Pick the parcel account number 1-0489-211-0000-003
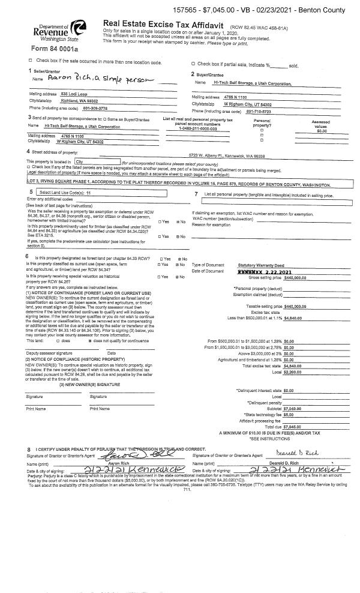197,128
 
